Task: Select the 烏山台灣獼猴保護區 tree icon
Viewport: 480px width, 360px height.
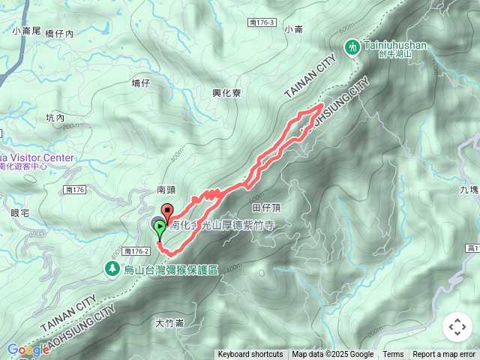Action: click(x=112, y=268)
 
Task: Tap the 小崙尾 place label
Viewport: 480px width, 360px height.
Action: click(x=27, y=31)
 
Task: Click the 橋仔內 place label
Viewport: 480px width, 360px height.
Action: click(x=59, y=34)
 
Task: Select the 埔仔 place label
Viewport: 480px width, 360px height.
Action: click(x=140, y=83)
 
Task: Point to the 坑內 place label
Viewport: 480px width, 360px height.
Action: click(x=55, y=118)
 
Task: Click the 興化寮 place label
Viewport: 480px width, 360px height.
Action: click(x=226, y=93)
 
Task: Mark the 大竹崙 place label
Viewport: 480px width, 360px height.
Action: click(x=169, y=323)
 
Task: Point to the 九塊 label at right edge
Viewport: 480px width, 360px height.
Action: click(x=470, y=190)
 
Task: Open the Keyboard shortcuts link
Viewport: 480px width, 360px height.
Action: click(x=250, y=355)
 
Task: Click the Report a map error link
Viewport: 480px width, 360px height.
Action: click(x=443, y=355)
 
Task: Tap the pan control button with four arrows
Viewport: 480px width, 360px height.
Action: click(x=457, y=327)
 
